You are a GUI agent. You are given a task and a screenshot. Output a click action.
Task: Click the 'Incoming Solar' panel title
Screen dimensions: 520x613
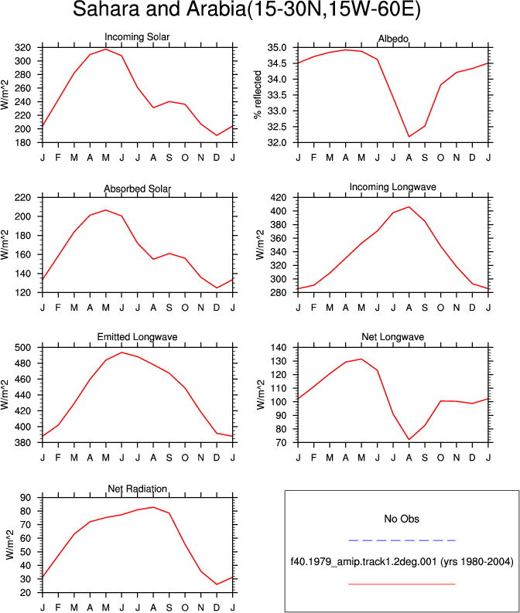pos(137,37)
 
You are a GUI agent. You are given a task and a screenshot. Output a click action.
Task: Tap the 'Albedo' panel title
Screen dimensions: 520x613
pos(393,39)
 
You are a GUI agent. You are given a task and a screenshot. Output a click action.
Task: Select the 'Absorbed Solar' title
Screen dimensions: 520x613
pos(137,189)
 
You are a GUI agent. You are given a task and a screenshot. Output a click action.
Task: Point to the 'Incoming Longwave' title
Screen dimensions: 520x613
pos(393,187)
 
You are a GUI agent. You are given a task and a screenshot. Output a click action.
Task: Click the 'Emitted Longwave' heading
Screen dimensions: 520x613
pos(137,336)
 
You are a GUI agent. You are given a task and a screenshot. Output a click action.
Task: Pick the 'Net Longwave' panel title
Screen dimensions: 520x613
pos(393,336)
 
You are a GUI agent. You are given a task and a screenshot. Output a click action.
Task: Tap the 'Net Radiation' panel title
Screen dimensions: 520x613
pos(137,489)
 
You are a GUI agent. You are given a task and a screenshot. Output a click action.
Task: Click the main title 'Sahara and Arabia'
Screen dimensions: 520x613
pos(159,9)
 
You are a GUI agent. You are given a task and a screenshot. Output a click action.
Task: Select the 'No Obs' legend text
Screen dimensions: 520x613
pos(402,519)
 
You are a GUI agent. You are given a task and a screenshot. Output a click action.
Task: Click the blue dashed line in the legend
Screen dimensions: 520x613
pos(402,540)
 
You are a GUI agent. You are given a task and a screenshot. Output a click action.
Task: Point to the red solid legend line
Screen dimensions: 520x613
pos(402,584)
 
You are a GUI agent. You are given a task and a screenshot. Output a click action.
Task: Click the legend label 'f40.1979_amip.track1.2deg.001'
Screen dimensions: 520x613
pos(364,562)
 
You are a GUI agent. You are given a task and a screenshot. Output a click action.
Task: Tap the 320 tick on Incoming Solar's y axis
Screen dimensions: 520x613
pos(22,48)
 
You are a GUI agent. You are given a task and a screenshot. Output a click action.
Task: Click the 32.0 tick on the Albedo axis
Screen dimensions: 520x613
pos(277,143)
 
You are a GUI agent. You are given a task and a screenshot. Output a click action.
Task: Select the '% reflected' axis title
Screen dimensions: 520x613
pos(258,95)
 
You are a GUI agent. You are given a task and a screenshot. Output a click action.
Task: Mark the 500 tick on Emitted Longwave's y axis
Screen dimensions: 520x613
pos(22,348)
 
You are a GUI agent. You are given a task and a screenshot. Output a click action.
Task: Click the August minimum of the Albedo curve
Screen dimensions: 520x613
pos(409,137)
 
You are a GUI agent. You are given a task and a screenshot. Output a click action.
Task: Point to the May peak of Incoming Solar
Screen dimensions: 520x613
pos(106,49)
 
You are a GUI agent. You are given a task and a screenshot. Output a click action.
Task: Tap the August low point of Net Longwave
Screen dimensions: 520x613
pos(409,439)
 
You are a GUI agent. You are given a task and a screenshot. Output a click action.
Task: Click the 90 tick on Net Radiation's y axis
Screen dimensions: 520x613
pos(26,498)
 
